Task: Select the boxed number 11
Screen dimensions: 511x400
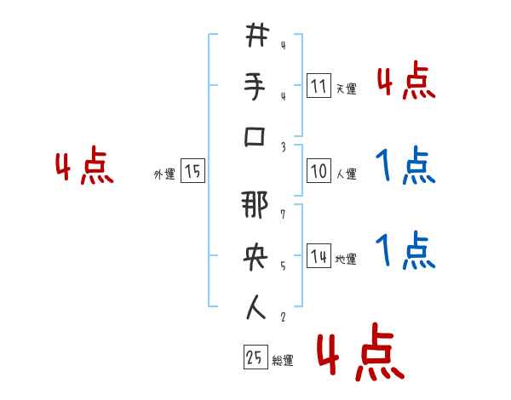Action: click(x=318, y=85)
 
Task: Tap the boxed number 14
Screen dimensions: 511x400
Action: click(x=318, y=256)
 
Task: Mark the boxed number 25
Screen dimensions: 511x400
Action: click(x=254, y=359)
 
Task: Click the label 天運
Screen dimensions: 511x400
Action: click(x=347, y=88)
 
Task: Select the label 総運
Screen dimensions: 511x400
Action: click(x=283, y=361)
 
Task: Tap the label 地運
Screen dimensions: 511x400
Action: click(x=347, y=259)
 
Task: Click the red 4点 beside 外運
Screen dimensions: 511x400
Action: click(x=84, y=168)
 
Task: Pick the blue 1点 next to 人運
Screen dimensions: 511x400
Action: click(x=405, y=166)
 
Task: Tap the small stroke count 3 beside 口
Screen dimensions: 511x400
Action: click(x=282, y=146)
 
